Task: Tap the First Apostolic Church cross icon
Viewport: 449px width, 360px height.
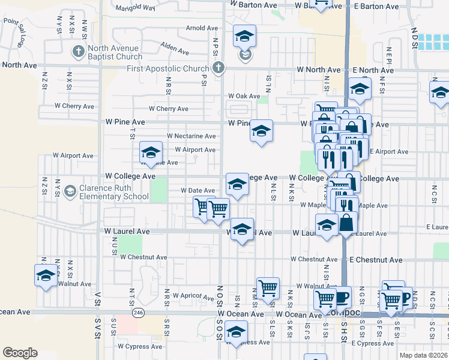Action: pyautogui.click(x=218, y=68)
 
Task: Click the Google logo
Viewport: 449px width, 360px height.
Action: pyautogui.click(x=20, y=352)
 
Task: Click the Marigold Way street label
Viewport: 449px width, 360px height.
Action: pyautogui.click(x=135, y=8)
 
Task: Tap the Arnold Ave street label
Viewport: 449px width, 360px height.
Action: pyautogui.click(x=202, y=28)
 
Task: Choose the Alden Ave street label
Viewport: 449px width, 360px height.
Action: pyautogui.click(x=175, y=46)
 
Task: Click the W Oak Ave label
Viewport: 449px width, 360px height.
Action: pyautogui.click(x=244, y=96)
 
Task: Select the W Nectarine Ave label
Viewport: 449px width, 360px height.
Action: pyautogui.click(x=191, y=136)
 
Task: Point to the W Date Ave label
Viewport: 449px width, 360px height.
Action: pyautogui.click(x=198, y=190)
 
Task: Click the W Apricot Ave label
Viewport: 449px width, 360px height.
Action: pyautogui.click(x=193, y=296)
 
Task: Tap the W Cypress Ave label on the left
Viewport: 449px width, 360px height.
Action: pyautogui.click(x=140, y=346)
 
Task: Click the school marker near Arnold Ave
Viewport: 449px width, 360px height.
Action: pyautogui.click(x=244, y=37)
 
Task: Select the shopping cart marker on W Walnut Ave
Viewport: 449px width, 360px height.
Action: pyautogui.click(x=268, y=288)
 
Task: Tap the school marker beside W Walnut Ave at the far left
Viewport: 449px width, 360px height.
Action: pyautogui.click(x=46, y=275)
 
